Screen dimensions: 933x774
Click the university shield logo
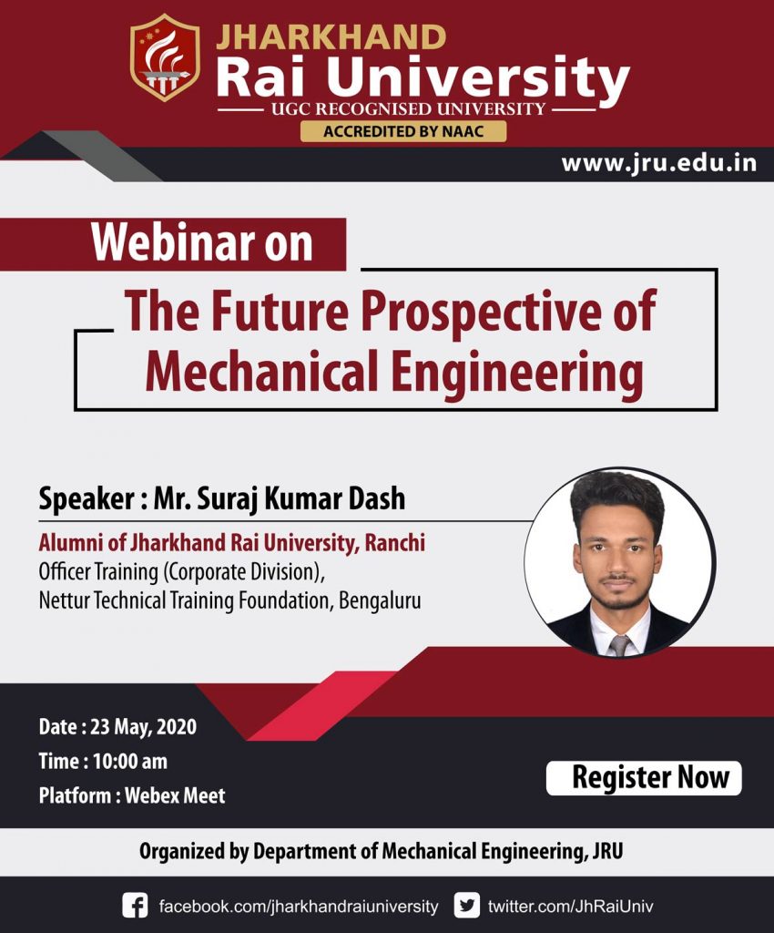point(165,56)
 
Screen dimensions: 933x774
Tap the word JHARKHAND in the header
point(331,37)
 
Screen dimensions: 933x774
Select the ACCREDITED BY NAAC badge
point(403,131)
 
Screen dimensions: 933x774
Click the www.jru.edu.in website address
point(658,164)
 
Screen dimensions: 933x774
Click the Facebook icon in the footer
point(135,906)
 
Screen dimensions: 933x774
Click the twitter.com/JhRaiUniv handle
point(570,907)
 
